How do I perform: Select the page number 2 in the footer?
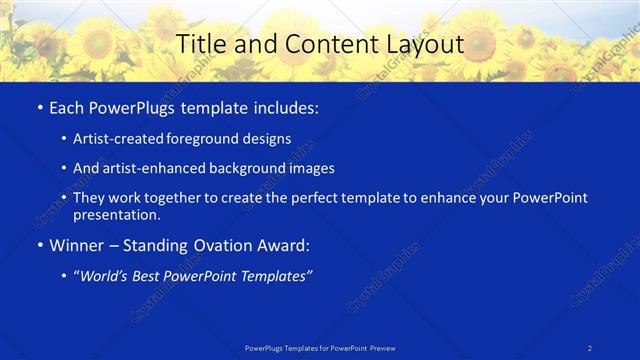(x=591, y=348)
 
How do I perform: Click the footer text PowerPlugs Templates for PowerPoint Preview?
(x=320, y=348)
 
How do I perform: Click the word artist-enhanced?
(x=152, y=168)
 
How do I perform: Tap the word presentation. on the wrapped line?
(x=117, y=214)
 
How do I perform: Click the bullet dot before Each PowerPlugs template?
(x=39, y=107)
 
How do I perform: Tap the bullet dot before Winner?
(x=39, y=245)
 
